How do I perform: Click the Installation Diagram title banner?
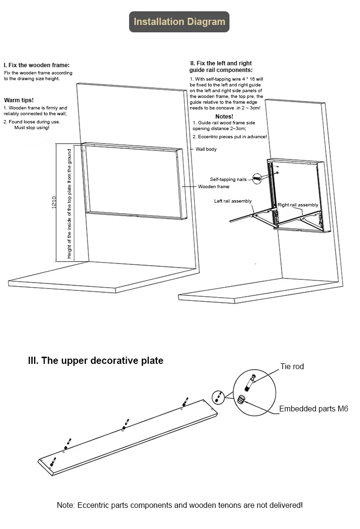click(180, 22)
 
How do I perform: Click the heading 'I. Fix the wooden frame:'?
click(36, 65)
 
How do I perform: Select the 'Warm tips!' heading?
click(19, 100)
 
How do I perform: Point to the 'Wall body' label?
click(206, 149)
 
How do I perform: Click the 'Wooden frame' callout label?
click(214, 186)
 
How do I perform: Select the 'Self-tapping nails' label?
click(228, 179)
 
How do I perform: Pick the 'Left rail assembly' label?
click(233, 201)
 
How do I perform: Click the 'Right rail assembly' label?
click(298, 205)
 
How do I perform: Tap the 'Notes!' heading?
click(224, 117)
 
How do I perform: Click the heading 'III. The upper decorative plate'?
click(96, 361)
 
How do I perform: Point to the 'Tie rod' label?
click(292, 367)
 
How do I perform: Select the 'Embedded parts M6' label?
click(313, 409)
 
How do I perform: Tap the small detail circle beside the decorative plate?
click(218, 397)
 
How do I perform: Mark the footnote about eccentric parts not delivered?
click(180, 505)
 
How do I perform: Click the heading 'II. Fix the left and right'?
click(221, 63)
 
